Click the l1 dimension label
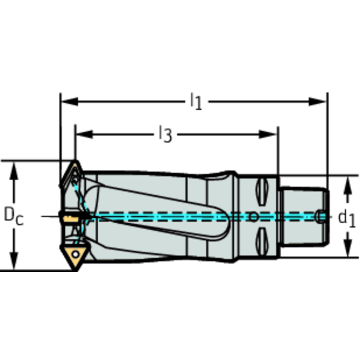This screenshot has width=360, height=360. (196, 101)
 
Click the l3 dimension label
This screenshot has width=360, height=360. (166, 134)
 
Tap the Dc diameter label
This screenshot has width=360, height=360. (14, 216)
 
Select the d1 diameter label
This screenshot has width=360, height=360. (347, 218)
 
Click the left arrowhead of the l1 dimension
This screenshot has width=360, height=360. (69, 101)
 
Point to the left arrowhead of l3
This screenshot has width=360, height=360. (84, 134)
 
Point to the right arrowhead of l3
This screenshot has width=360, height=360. (268, 134)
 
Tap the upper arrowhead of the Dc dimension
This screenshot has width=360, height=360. (14, 171)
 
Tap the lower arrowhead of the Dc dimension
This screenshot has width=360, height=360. (14, 260)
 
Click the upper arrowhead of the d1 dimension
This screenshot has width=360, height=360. (348, 185)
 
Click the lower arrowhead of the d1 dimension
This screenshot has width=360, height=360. (348, 248)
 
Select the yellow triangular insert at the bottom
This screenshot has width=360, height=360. (75, 255)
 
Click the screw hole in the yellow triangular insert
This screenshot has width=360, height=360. (76, 254)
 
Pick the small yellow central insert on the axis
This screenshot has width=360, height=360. (71, 219)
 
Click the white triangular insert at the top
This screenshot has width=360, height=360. (72, 175)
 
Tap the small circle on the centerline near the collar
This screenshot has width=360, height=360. (253, 217)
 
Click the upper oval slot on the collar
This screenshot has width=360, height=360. (262, 191)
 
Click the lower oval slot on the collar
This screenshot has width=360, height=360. (262, 241)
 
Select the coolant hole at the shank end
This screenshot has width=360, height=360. (320, 216)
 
